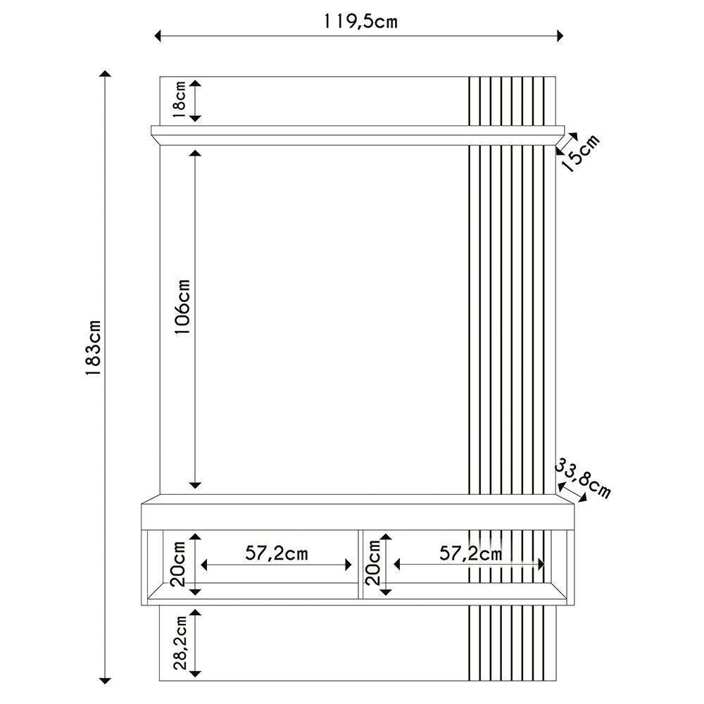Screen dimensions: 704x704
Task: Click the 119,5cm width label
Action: coord(360,21)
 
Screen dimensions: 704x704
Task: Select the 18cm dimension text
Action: coord(180,100)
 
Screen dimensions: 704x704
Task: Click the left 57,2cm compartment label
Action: coord(277,553)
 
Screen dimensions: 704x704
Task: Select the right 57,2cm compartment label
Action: coord(470,553)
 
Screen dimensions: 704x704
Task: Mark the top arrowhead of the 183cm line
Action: coord(106,75)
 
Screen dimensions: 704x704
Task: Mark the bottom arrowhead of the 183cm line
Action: coord(106,679)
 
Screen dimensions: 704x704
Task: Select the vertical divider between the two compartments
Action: coord(360,565)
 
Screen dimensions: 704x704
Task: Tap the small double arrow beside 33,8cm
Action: coord(572,491)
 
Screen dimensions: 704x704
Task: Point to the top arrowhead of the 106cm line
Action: coord(196,153)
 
